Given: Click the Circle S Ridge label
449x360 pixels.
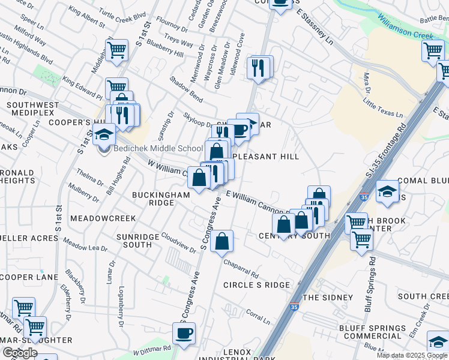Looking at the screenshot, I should click(x=256, y=285).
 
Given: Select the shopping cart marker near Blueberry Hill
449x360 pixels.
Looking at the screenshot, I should click(x=116, y=49).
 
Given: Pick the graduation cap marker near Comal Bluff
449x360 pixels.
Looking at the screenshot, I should click(x=387, y=191).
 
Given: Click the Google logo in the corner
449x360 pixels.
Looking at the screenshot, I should click(x=19, y=353).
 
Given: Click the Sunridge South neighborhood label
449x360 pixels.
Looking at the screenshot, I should click(x=134, y=241).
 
